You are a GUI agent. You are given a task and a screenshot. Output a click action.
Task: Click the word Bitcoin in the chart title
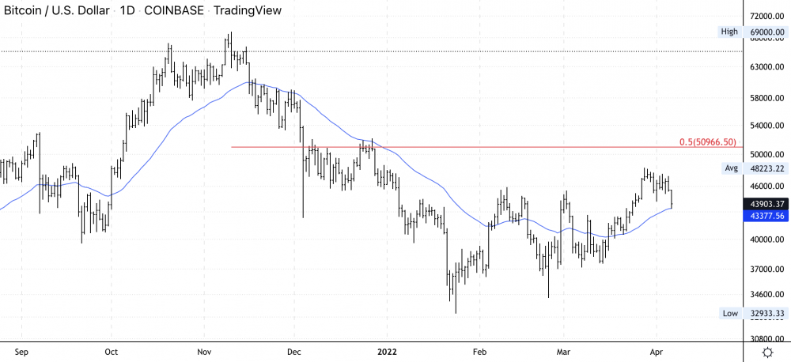coord(25,11)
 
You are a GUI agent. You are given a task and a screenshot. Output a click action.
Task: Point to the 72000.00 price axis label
coord(766,16)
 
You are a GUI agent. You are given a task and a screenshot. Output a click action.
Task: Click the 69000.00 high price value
coord(766,32)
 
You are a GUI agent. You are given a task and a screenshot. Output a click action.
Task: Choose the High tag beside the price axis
coord(729,32)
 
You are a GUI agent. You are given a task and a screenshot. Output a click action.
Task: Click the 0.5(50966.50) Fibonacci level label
coord(708,142)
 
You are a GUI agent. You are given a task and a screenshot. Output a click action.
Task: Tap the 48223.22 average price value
coord(766,168)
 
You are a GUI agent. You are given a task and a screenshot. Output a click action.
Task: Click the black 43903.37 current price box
coord(766,203)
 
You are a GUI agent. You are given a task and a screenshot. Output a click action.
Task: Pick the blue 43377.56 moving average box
coord(766,215)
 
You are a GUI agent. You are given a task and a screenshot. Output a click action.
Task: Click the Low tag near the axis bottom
coord(729,313)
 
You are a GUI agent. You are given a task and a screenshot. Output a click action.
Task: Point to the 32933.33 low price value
coord(766,313)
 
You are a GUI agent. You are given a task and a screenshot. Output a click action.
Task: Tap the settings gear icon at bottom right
coord(766,351)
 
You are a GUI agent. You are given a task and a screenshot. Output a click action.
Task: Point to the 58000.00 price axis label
coord(766,98)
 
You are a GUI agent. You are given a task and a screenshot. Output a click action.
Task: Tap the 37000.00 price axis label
coord(766,270)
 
